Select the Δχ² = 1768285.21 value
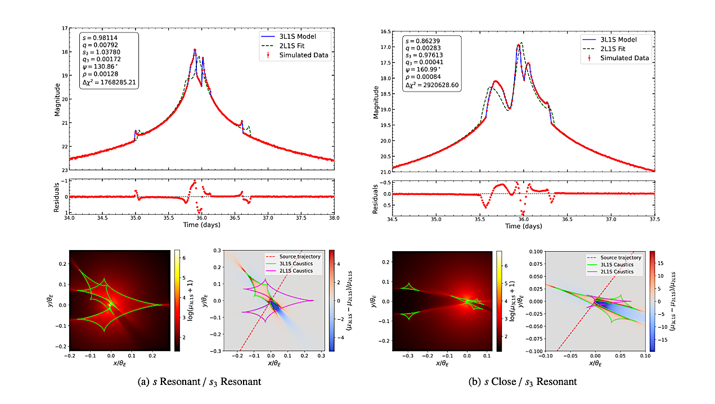(x=110, y=82)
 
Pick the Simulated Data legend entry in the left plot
(x=304, y=55)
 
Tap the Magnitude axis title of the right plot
(x=376, y=101)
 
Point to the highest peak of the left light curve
(x=195, y=49)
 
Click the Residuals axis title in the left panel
(x=57, y=196)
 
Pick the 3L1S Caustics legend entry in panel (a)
(x=296, y=264)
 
